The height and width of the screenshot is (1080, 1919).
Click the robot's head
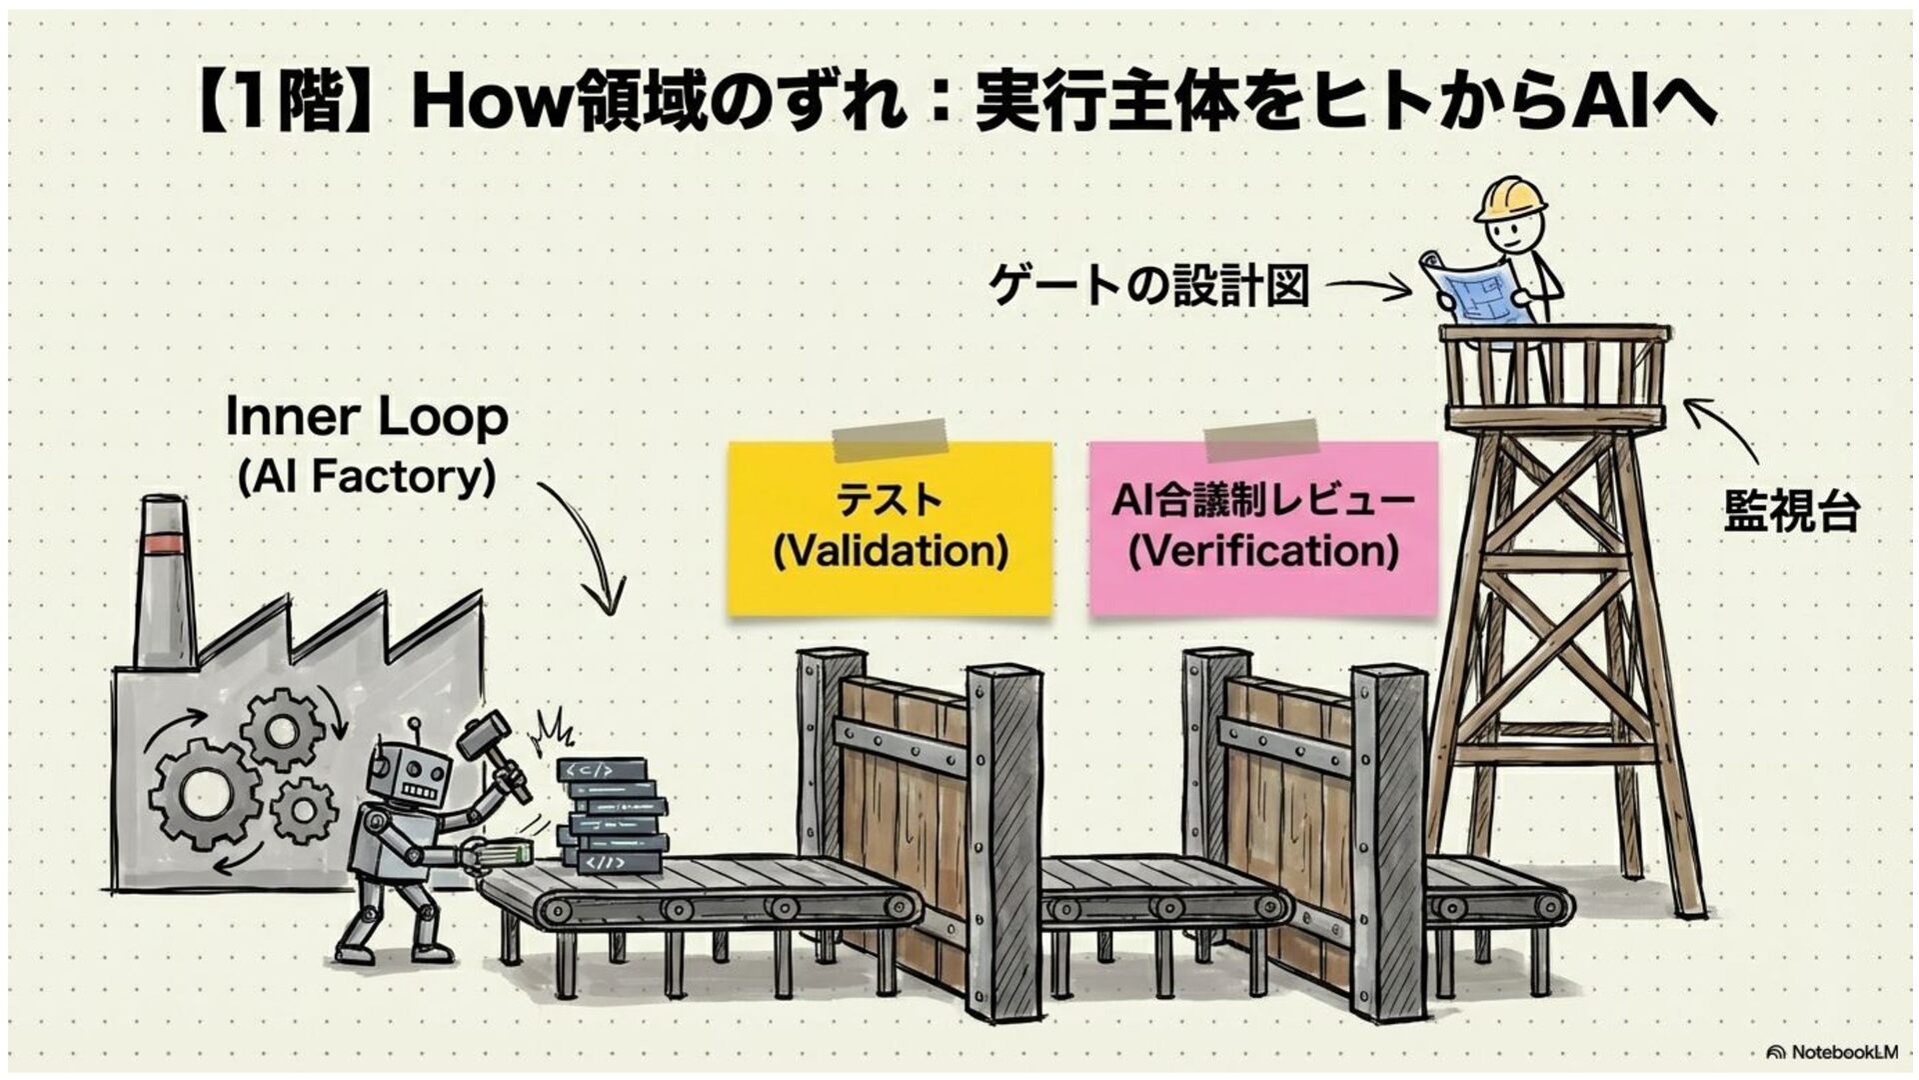[412, 776]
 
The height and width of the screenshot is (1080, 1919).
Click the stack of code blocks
[611, 815]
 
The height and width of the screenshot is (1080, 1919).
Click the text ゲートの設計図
[1148, 285]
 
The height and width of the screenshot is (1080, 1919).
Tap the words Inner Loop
[367, 417]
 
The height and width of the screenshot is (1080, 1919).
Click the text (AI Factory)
[367, 477]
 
